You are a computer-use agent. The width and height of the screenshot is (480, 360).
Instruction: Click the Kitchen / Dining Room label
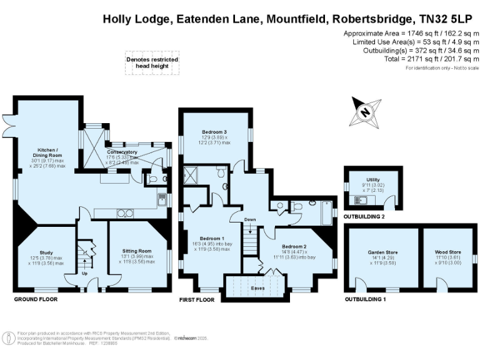49,153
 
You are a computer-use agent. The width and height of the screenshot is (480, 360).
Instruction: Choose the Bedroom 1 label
212,238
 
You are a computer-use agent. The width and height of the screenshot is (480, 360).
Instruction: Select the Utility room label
373,179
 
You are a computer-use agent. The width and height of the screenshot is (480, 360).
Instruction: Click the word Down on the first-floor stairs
250,220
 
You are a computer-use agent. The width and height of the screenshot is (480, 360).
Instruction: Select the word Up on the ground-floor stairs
84,273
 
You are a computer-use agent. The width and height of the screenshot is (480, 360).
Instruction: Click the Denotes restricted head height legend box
152,62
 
